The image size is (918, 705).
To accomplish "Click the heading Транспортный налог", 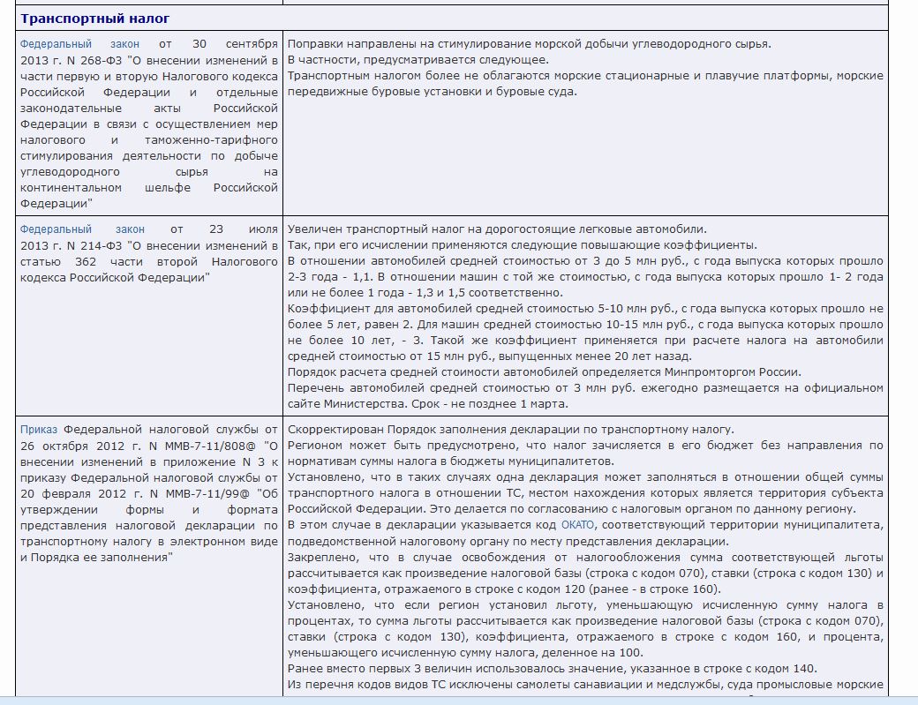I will [x=95, y=19].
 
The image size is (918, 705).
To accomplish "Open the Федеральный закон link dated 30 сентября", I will [x=79, y=44].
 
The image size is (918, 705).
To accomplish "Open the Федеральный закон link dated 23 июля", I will [x=82, y=229].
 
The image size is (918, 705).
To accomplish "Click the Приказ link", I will [x=39, y=430].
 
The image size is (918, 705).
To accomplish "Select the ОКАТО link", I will [x=578, y=525].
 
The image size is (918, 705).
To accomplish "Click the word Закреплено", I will [x=321, y=558].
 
